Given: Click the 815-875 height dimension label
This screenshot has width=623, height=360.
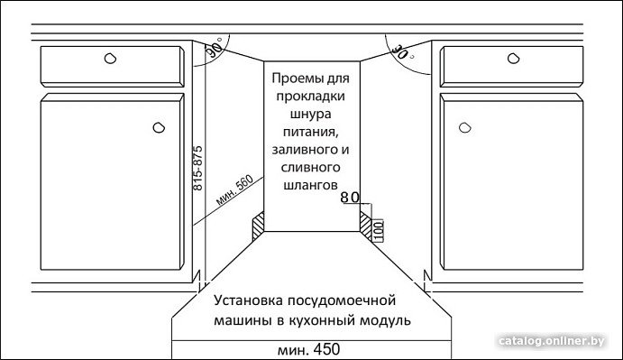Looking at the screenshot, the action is [197, 168].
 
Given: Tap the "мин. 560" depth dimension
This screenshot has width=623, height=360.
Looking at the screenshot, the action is [235, 190].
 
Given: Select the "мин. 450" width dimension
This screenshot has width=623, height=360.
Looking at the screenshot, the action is [308, 350].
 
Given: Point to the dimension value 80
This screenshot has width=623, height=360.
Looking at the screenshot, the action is [350, 198].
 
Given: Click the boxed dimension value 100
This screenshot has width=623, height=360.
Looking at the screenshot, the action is [379, 230].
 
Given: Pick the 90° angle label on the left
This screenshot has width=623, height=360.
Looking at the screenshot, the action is [215, 51].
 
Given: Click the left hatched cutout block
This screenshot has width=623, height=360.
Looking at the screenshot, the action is [259, 226].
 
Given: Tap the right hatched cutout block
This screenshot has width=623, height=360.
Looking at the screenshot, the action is [365, 226].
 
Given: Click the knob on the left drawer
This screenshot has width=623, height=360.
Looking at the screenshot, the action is [111, 59].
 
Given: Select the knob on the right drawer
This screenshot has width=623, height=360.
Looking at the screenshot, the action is [513, 59].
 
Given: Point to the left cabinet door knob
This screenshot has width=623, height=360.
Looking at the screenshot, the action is [159, 128].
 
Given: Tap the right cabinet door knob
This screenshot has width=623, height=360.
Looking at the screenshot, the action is [464, 128].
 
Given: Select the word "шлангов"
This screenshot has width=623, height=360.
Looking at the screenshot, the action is [311, 185].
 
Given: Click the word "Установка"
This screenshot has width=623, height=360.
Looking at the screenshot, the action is [249, 300].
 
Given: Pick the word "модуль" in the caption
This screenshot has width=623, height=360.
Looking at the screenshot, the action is [385, 320].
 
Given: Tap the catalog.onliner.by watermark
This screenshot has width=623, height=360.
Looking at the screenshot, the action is [552, 341].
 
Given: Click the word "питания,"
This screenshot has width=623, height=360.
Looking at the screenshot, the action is [311, 132].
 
